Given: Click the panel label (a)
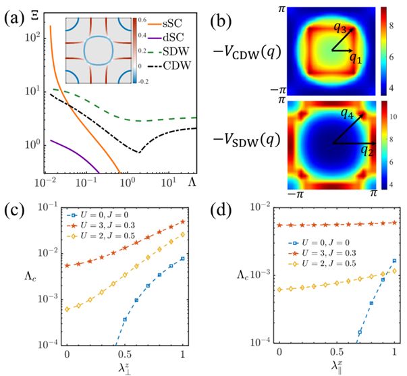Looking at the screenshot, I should (13, 13).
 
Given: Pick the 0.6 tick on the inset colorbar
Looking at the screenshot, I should (155, 21).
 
